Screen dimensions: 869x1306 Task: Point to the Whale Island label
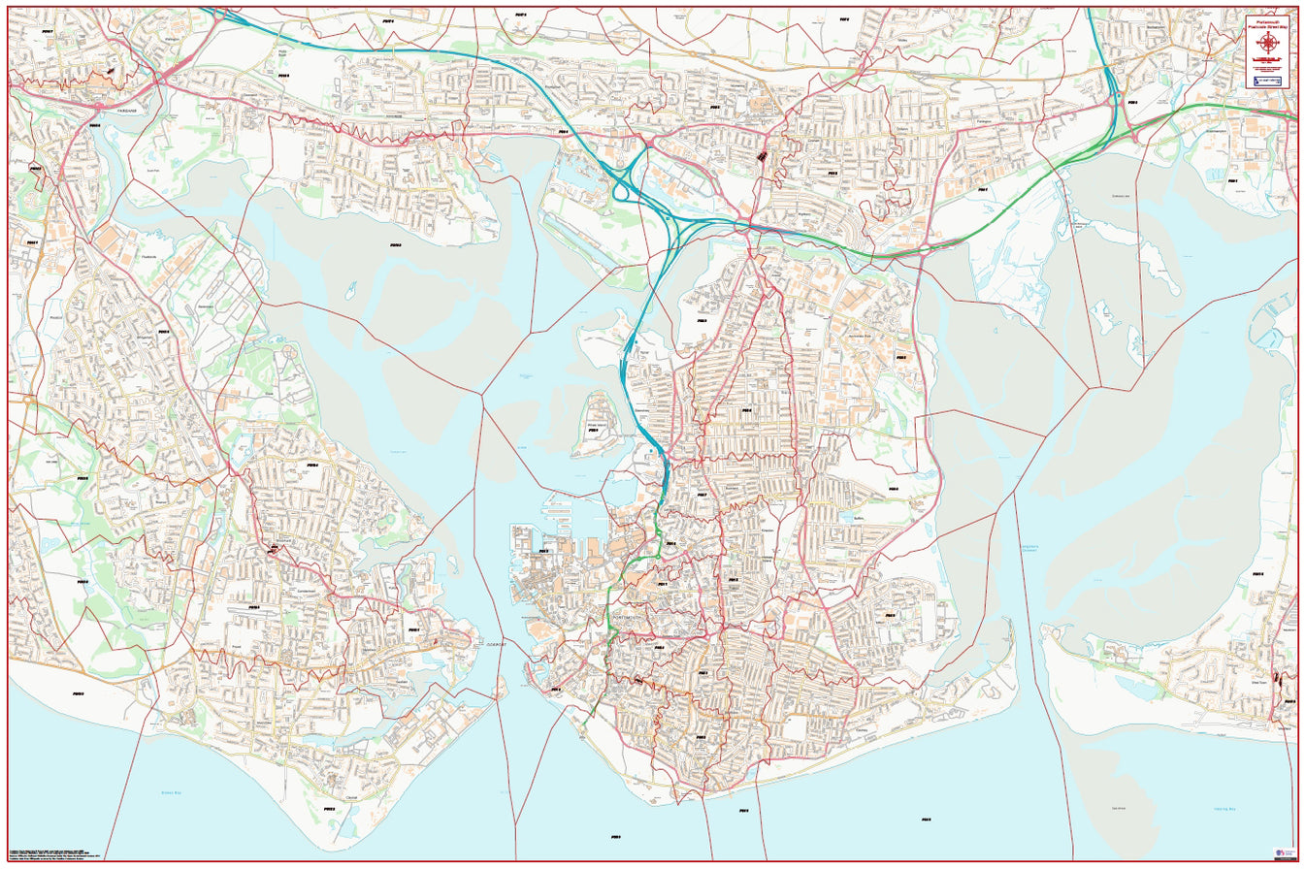(x=599, y=424)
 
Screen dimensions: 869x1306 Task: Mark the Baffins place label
(x=856, y=519)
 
